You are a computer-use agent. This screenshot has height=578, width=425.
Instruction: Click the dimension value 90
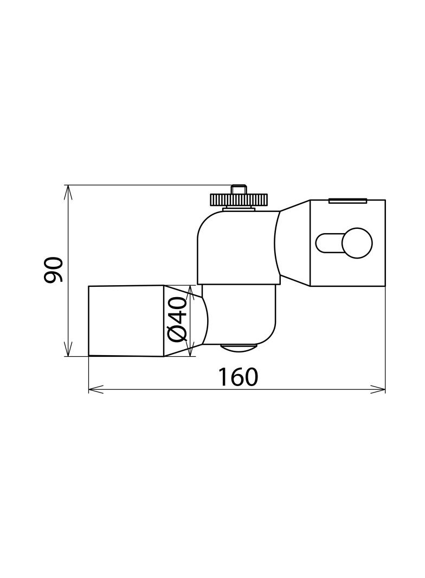pos(54,269)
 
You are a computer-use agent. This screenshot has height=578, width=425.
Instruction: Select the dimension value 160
pos(237,377)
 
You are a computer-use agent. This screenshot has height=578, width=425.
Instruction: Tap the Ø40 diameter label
pos(178,320)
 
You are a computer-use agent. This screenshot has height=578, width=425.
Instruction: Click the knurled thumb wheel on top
pos(239,200)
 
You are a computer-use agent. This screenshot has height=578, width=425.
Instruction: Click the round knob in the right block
pos(357,243)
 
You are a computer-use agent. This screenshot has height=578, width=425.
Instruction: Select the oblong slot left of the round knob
pos(329,243)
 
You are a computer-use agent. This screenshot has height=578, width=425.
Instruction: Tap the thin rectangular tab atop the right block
pos(347,201)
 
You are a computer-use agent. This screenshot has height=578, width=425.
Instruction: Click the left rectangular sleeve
pos(126,321)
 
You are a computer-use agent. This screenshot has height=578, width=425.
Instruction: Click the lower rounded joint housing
pos(241,314)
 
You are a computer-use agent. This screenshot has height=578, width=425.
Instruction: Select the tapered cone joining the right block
pos(294,243)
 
